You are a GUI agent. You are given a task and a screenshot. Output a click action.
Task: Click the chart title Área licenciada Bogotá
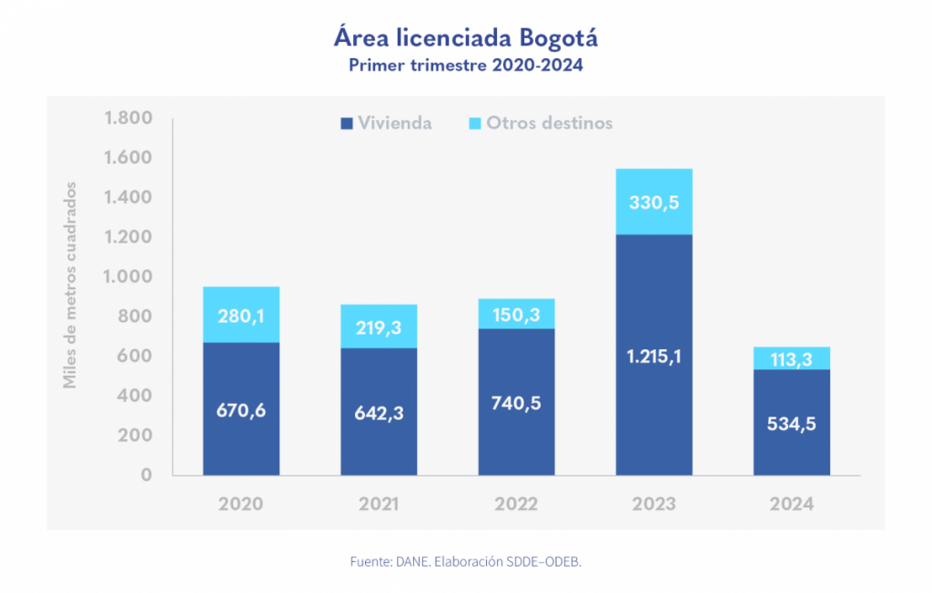tap(465, 39)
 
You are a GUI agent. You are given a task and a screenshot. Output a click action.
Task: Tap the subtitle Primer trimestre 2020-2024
tap(465, 65)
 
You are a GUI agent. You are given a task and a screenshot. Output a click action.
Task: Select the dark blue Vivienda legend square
tap(346, 123)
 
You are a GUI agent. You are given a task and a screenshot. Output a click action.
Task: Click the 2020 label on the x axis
tap(240, 504)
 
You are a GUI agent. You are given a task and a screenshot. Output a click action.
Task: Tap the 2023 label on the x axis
tap(653, 504)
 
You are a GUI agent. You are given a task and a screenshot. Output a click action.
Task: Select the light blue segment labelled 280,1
tap(241, 315)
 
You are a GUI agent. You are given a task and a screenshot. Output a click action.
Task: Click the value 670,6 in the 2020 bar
tap(241, 409)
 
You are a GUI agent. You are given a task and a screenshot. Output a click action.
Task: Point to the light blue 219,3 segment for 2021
tap(379, 327)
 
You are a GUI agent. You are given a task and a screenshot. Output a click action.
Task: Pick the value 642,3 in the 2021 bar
tap(379, 413)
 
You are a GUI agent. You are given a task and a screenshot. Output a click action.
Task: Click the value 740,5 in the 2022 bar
tap(516, 403)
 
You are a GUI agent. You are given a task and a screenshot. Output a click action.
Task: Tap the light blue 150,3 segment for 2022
tap(516, 314)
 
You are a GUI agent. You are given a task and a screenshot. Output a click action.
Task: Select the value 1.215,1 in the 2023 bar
tap(653, 357)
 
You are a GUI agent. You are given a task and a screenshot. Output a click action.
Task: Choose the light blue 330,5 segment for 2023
tap(653, 202)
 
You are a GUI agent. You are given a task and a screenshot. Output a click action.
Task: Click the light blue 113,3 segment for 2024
tap(792, 358)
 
